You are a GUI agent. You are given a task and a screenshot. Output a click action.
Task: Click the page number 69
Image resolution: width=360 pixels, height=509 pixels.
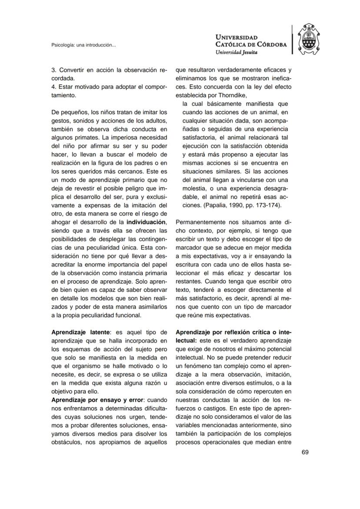click(x=305, y=452)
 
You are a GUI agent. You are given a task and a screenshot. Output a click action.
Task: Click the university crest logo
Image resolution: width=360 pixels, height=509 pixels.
click(x=311, y=39)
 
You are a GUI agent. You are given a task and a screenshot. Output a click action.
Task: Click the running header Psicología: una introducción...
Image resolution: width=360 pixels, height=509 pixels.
click(x=83, y=45)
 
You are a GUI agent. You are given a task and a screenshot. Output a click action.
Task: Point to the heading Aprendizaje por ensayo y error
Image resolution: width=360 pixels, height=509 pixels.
click(x=97, y=399)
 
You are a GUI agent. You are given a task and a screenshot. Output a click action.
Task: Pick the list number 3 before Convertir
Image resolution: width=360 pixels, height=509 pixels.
click(x=53, y=70)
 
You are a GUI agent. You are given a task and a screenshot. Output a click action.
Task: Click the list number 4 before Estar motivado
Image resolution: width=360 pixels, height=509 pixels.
click(x=53, y=87)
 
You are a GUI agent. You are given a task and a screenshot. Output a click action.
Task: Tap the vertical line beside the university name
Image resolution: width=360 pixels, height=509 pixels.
click(x=293, y=39)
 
